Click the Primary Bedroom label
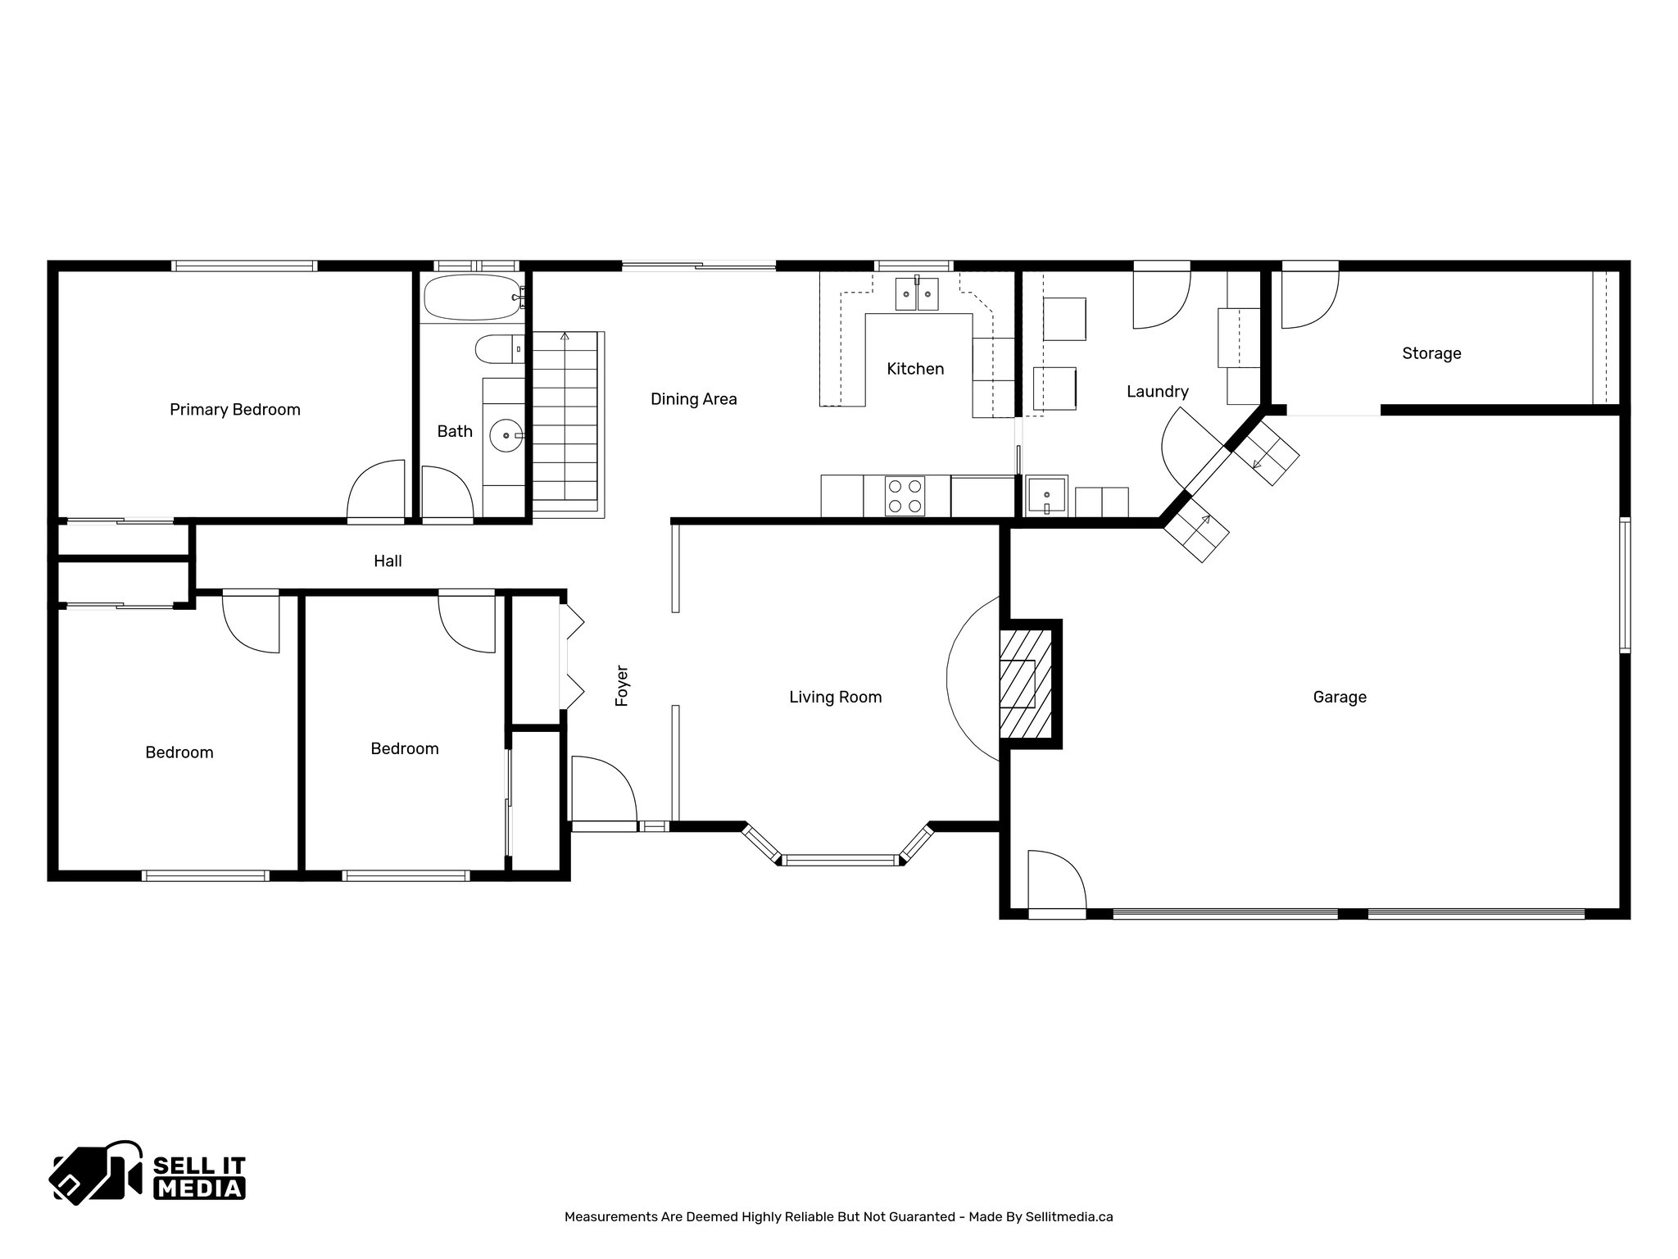pyautogui.click(x=235, y=410)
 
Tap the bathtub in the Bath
pyautogui.click(x=470, y=297)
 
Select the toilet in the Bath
pyautogui.click(x=498, y=349)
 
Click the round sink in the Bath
pyautogui.click(x=506, y=435)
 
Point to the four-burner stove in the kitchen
pyautogui.click(x=905, y=496)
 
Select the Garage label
pyautogui.click(x=1340, y=698)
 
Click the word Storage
pyautogui.click(x=1431, y=354)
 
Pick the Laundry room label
pyautogui.click(x=1157, y=392)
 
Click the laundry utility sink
pyautogui.click(x=1046, y=496)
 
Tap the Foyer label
pyautogui.click(x=622, y=686)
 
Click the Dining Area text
pyautogui.click(x=693, y=399)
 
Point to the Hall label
pyautogui.click(x=388, y=561)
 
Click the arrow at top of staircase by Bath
pyautogui.click(x=564, y=336)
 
